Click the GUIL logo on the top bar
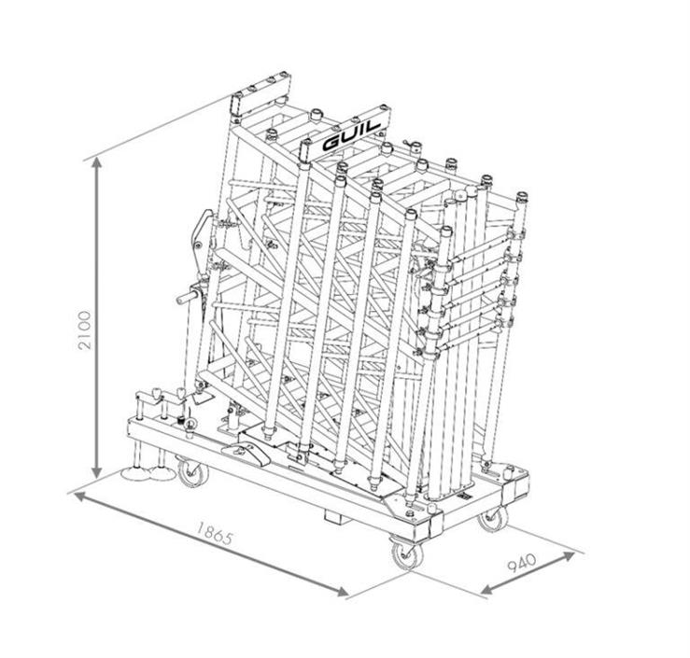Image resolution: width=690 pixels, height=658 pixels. point(351,136)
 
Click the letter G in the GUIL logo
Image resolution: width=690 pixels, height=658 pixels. point(331,143)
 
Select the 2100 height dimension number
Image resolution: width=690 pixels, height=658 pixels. point(84,329)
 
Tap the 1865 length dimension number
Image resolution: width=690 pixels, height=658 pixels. point(214,533)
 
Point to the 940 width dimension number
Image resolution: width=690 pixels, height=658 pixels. point(522,563)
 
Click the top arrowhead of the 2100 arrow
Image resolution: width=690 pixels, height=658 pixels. point(97,163)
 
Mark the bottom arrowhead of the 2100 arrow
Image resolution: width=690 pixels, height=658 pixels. point(97,473)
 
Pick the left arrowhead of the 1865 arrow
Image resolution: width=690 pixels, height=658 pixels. point(79,497)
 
